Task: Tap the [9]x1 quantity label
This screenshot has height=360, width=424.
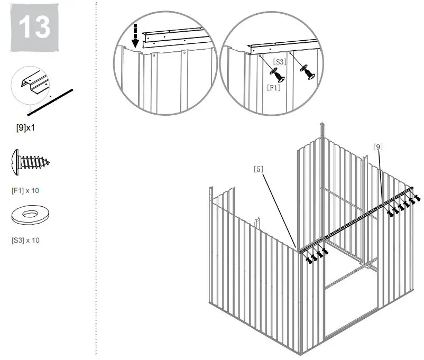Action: pyautogui.click(x=26, y=128)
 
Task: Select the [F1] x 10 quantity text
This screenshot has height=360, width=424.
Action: pyautogui.click(x=25, y=190)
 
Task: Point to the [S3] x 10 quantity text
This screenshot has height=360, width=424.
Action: pyautogui.click(x=25, y=240)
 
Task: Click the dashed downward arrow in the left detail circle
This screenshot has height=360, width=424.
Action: pyautogui.click(x=135, y=35)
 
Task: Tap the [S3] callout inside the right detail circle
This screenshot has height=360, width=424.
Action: pyautogui.click(x=280, y=62)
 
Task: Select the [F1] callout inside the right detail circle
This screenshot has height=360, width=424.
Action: pyautogui.click(x=273, y=88)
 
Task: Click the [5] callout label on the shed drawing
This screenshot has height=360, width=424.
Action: pyautogui.click(x=259, y=169)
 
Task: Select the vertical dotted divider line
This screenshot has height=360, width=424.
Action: pyautogui.click(x=96, y=180)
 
